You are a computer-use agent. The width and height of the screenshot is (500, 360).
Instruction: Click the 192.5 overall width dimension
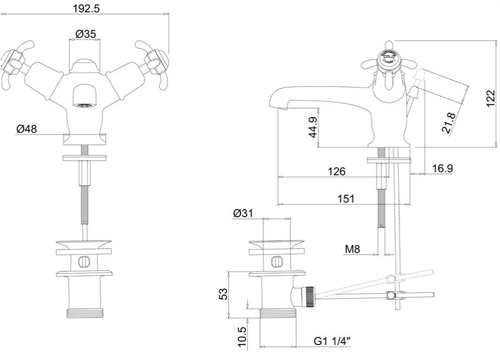tap(88, 8)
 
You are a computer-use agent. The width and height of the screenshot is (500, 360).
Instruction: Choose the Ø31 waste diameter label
tap(242, 213)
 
